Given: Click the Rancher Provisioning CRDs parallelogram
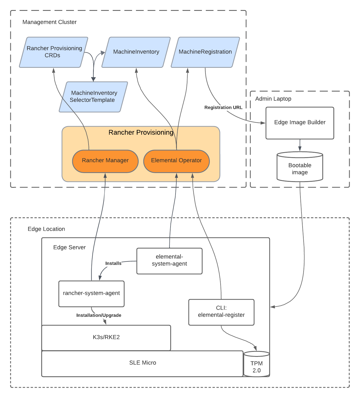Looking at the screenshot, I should (54, 52).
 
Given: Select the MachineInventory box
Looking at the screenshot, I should (136, 52).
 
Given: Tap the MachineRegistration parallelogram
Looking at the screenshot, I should (205, 52).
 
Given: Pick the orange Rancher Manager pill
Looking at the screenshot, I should (105, 161).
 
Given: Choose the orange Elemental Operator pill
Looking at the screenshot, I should (176, 161).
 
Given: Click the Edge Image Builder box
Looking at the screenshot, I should (300, 123).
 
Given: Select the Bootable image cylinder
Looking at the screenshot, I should (300, 169).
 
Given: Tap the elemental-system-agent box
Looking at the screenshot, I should (169, 261).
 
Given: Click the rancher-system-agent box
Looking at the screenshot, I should (91, 293).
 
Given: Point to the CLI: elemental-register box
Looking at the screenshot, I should (221, 312).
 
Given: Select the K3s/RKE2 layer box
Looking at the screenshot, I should (106, 337).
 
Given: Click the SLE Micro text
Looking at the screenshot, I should (143, 363).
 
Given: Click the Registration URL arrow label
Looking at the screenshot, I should (223, 108).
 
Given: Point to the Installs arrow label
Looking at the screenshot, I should (113, 263).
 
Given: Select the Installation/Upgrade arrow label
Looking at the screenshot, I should (99, 315).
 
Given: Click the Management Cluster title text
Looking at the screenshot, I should (50, 22).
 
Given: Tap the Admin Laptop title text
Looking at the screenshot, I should (273, 99).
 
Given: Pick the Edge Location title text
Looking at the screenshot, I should (46, 229).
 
